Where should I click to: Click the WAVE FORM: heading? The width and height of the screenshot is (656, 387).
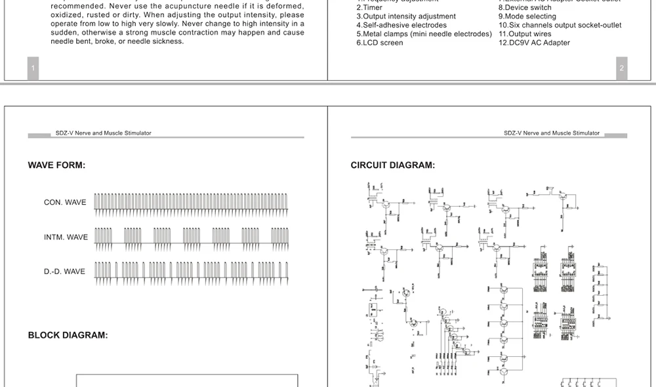pyautogui.click(x=56, y=165)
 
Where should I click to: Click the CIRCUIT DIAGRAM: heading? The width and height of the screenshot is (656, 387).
pyautogui.click(x=392, y=165)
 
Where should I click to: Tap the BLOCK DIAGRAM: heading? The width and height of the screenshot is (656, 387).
pyautogui.click(x=68, y=335)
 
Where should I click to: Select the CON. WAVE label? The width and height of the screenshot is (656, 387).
pyautogui.click(x=65, y=202)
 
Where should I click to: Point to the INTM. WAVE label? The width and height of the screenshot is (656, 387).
pyautogui.click(x=66, y=237)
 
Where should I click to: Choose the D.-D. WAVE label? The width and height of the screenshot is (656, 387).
pyautogui.click(x=64, y=271)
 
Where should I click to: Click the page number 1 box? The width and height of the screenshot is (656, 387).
pyautogui.click(x=33, y=68)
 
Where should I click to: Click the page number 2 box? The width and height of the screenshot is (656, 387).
pyautogui.click(x=622, y=68)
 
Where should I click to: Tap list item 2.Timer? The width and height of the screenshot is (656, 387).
pyautogui.click(x=369, y=8)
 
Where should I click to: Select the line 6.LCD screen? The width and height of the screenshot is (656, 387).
pyautogui.click(x=380, y=43)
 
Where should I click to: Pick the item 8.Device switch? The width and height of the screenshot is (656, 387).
pyautogui.click(x=525, y=8)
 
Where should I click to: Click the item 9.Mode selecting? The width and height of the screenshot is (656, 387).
pyautogui.click(x=527, y=16)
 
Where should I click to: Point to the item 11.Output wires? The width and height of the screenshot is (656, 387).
pyautogui.click(x=525, y=34)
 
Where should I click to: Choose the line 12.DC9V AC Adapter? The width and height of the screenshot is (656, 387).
pyautogui.click(x=534, y=43)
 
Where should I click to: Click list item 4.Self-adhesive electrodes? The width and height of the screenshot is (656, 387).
pyautogui.click(x=401, y=25)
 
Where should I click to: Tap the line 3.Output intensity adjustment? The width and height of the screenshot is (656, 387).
pyautogui.click(x=406, y=16)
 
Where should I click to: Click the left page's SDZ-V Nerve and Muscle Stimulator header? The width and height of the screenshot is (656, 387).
pyautogui.click(x=103, y=133)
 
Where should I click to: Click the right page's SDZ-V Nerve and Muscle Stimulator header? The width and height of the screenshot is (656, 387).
pyautogui.click(x=552, y=133)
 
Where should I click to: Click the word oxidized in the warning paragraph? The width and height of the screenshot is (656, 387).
pyautogui.click(x=68, y=14)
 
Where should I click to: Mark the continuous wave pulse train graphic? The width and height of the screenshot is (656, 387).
pyautogui.click(x=190, y=204)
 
